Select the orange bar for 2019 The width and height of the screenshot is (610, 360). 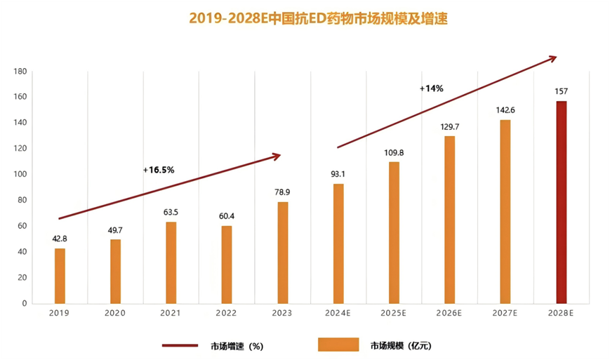(60, 276)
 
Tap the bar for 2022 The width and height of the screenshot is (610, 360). (227, 264)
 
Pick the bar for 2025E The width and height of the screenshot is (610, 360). (394, 232)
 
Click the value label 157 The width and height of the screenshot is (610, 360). (561, 91)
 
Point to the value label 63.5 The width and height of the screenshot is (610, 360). (171, 211)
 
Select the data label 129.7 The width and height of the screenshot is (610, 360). (449, 126)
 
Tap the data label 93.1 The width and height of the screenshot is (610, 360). (338, 173)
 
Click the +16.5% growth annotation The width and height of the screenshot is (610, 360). (158, 170)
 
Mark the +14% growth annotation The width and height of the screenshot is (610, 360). (431, 89)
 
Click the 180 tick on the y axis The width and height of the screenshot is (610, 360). (20, 72)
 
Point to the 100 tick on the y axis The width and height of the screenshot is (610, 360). (20, 174)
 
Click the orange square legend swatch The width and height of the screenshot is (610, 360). (333, 345)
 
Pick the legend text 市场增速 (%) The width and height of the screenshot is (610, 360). (237, 345)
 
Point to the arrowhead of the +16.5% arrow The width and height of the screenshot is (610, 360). (277, 156)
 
